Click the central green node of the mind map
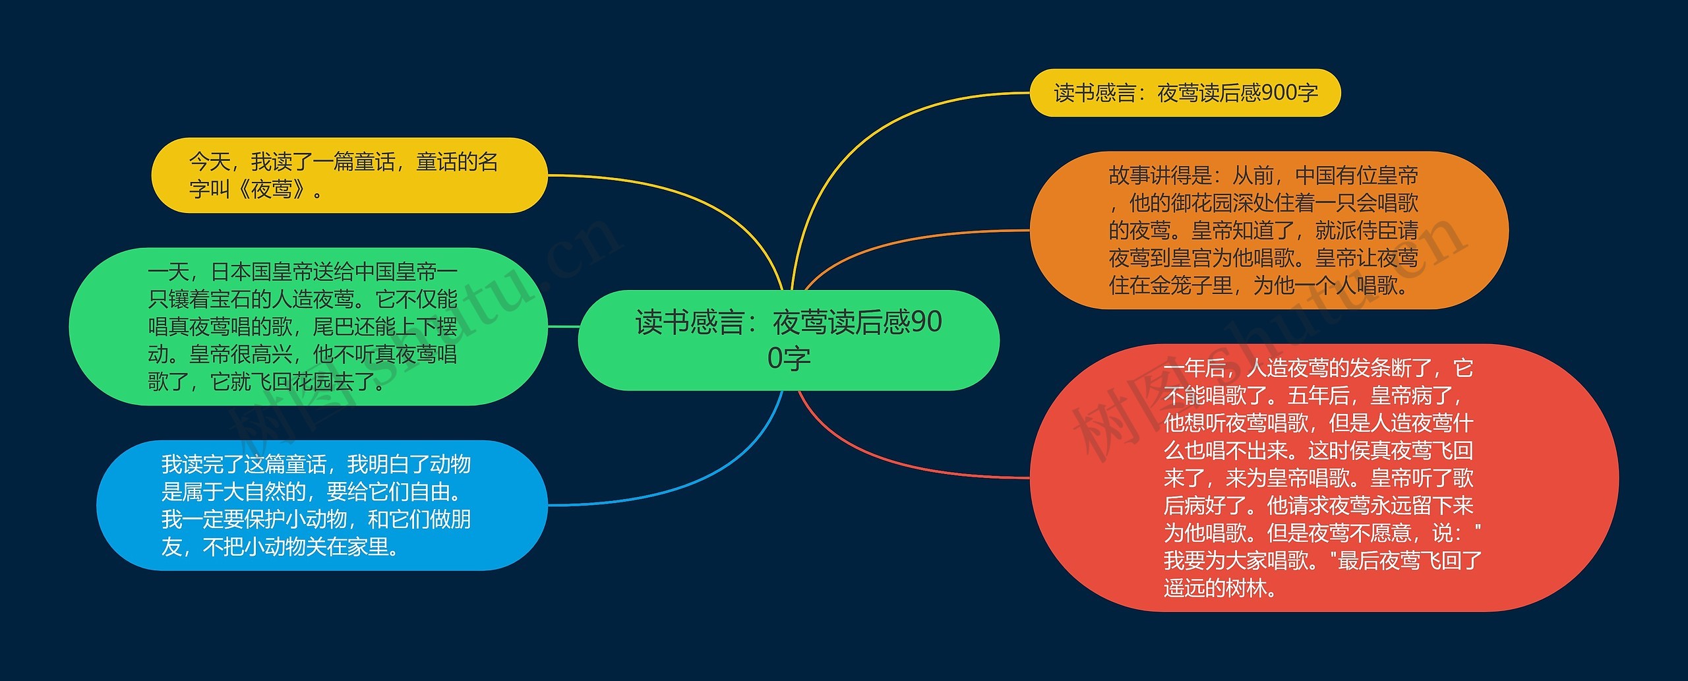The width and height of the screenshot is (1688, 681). [789, 340]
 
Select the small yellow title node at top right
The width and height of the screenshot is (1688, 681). [1185, 93]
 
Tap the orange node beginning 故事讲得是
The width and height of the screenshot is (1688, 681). [1269, 230]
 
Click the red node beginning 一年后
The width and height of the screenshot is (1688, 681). [1323, 477]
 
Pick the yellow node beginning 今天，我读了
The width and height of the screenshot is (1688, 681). [349, 175]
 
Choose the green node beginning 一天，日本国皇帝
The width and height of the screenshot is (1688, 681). [308, 326]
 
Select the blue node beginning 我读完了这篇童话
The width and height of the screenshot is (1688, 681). [322, 505]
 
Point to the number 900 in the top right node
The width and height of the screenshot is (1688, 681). [1279, 93]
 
